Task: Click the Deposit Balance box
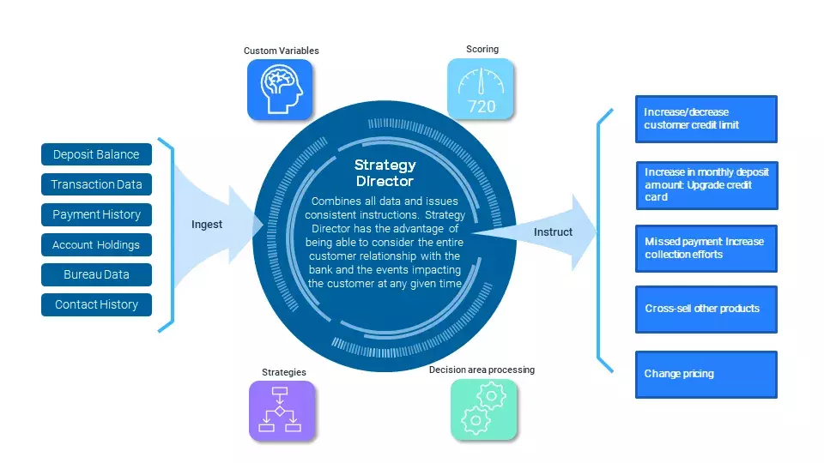[96, 154]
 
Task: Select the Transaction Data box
[96, 184]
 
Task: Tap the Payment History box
[96, 214]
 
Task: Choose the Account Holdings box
[96, 244]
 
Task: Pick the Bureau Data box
[96, 274]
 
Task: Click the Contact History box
[96, 304]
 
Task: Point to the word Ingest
[206, 225]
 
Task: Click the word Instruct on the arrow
[553, 232]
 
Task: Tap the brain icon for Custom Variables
[280, 89]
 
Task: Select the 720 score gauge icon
[481, 89]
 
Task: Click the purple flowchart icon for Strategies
[282, 411]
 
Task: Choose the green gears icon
[483, 409]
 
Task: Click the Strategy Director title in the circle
[385, 173]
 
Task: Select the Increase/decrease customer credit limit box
[706, 119]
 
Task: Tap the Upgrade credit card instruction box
[706, 184]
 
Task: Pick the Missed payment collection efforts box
[706, 248]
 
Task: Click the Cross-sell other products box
[706, 309]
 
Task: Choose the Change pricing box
[706, 374]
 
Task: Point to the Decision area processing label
[482, 370]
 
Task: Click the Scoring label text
[482, 49]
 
